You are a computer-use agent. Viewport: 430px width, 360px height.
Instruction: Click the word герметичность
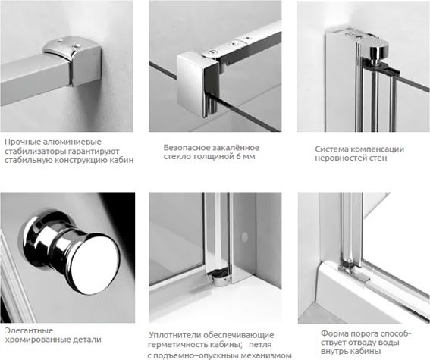[x=184, y=345]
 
